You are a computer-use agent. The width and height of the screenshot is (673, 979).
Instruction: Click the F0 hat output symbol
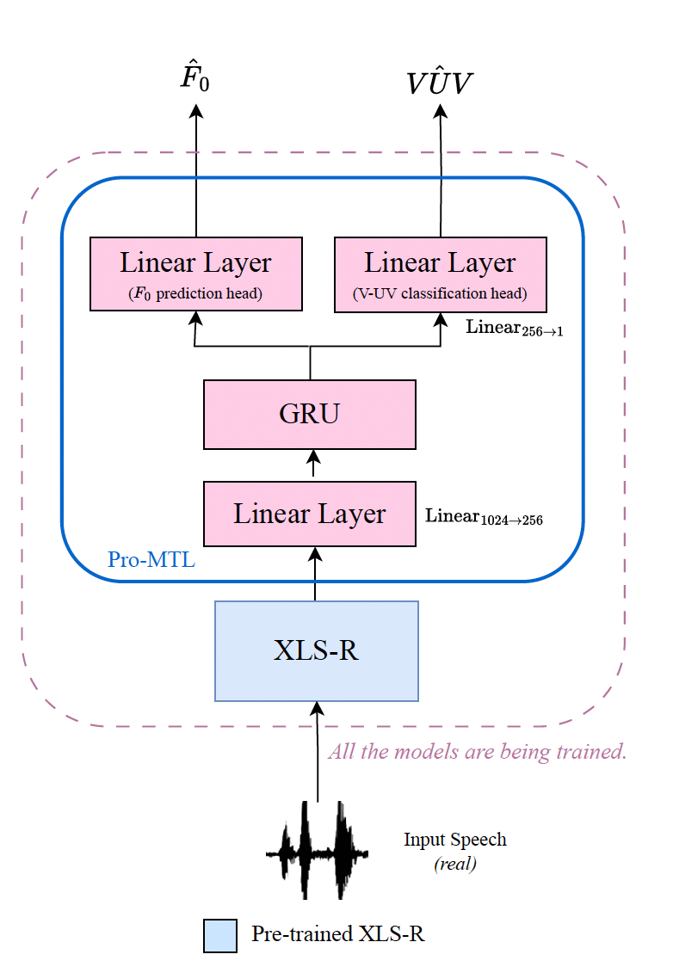pyautogui.click(x=194, y=78)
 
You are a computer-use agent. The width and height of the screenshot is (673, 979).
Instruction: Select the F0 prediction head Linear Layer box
pyautogui.click(x=196, y=274)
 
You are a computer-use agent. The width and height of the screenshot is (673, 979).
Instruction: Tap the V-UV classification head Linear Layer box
pyautogui.click(x=440, y=274)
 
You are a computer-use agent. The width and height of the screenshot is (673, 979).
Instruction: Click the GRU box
pyautogui.click(x=310, y=414)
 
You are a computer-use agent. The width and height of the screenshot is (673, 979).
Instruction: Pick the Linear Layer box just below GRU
pyautogui.click(x=310, y=514)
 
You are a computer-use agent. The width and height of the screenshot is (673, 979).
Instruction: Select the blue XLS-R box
pyautogui.click(x=316, y=650)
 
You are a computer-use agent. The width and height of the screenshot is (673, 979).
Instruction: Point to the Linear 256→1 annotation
pyautogui.click(x=514, y=329)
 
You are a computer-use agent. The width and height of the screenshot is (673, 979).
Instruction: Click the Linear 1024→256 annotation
pyautogui.click(x=484, y=517)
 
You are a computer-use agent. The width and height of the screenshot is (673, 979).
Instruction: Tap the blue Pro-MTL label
pyautogui.click(x=151, y=560)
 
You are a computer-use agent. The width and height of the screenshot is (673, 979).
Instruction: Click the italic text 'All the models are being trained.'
pyautogui.click(x=477, y=752)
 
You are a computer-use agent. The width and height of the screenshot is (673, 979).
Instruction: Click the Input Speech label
pyautogui.click(x=455, y=840)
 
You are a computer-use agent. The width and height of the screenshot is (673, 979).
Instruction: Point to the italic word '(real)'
pyautogui.click(x=455, y=864)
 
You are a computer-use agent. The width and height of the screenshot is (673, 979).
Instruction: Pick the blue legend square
pyautogui.click(x=219, y=935)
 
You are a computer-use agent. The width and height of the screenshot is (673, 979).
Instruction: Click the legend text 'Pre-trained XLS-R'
pyautogui.click(x=337, y=934)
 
